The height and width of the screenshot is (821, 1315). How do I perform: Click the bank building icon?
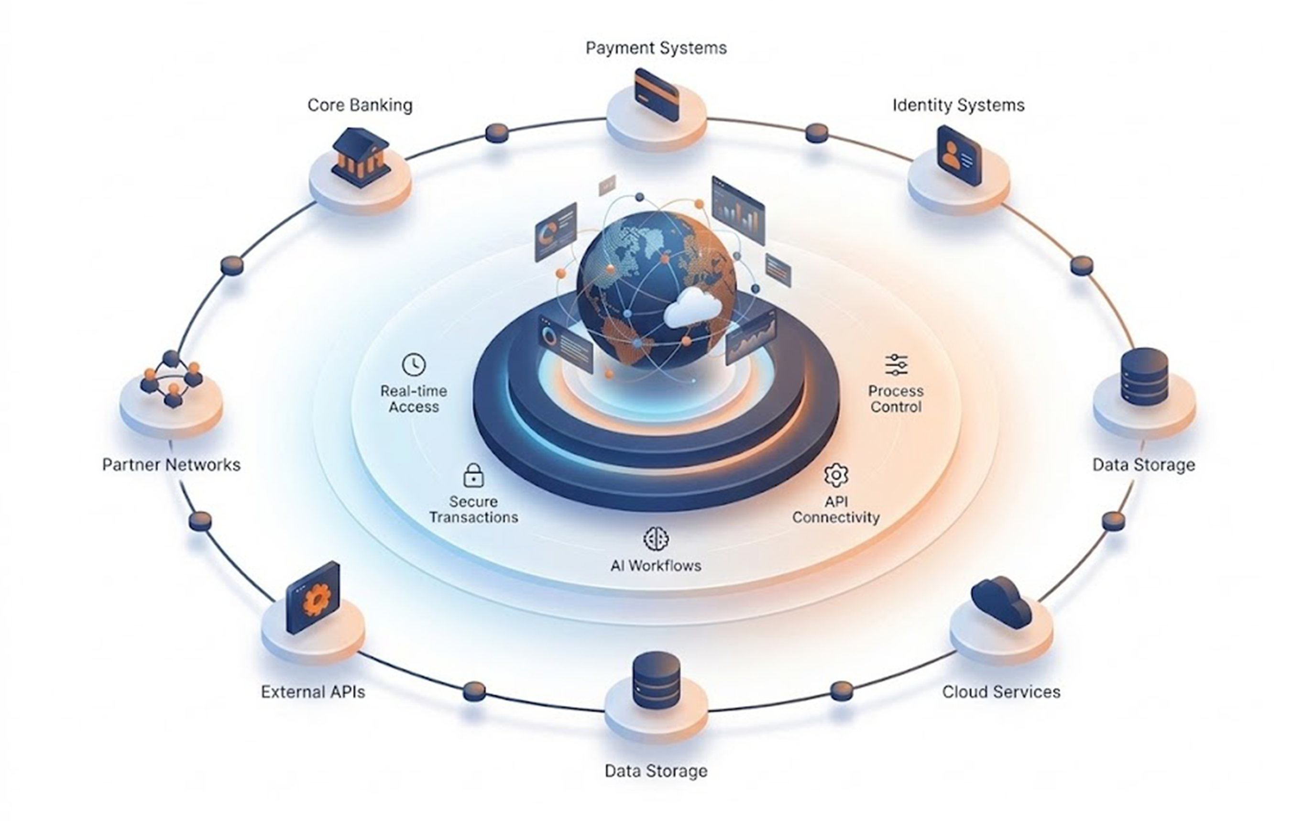click(x=361, y=157)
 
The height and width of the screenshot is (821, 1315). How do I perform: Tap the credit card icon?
click(x=657, y=95)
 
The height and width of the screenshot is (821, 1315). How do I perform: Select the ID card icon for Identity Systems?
click(x=959, y=156)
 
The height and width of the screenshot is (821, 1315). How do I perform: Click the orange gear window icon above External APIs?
click(x=313, y=598)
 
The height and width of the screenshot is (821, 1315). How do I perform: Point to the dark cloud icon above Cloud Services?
click(x=1001, y=602)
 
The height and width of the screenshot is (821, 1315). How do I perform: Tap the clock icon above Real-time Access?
click(x=414, y=364)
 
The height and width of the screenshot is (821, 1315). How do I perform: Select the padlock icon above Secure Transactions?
click(x=473, y=475)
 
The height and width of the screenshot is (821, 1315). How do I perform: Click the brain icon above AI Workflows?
click(x=656, y=538)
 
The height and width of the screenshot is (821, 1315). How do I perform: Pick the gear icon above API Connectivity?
click(x=836, y=475)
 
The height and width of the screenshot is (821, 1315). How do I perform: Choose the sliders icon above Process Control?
click(x=896, y=365)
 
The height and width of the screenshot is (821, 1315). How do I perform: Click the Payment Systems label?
click(x=656, y=48)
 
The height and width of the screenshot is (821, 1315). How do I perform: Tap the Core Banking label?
click(x=360, y=105)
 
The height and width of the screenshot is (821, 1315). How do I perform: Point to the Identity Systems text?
click(x=959, y=105)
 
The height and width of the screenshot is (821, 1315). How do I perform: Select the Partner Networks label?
click(x=171, y=465)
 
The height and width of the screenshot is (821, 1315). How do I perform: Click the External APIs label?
click(x=313, y=692)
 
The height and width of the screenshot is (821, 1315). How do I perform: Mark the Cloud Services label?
click(x=1001, y=692)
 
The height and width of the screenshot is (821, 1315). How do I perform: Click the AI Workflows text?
click(x=656, y=566)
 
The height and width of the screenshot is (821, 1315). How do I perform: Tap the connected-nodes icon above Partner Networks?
click(x=172, y=379)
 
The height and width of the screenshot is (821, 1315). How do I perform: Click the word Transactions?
click(x=473, y=517)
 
